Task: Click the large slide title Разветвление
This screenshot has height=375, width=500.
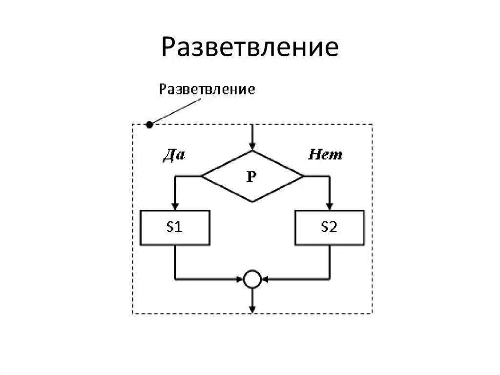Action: [250, 47]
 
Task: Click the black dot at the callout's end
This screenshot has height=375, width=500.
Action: [149, 125]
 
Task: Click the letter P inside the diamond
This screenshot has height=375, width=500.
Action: [251, 176]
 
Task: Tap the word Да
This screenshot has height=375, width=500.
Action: [174, 155]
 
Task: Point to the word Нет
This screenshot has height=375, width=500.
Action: [325, 155]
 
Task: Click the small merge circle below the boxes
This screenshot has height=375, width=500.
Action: [252, 280]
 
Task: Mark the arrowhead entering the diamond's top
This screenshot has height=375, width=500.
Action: [252, 146]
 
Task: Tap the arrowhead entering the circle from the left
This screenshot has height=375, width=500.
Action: [241, 280]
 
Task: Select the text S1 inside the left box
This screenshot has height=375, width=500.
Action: [175, 227]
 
